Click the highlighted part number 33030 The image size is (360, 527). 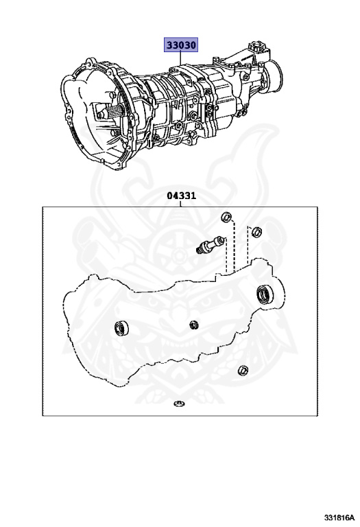(x=180, y=45)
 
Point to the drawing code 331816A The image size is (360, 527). (x=339, y=517)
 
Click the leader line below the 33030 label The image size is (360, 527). (x=180, y=59)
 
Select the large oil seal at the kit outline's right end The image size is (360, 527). (x=265, y=294)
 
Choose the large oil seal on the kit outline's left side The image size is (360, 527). (x=121, y=329)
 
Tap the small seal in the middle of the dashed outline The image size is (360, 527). (x=194, y=325)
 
